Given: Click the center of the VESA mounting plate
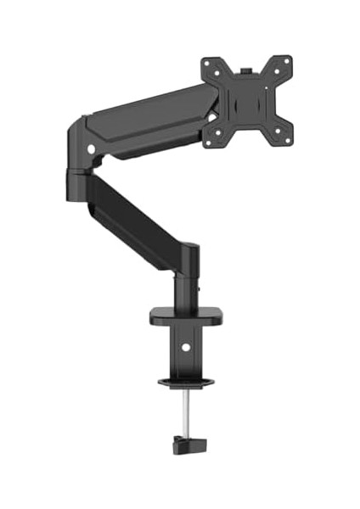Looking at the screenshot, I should tap(247, 102).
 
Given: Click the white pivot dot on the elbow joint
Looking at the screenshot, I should tap(91, 150).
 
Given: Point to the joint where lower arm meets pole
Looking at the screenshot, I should tap(185, 254).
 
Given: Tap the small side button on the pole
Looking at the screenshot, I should tap(200, 288).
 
